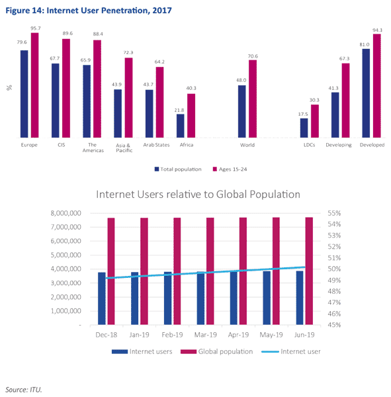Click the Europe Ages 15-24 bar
pos(34,85)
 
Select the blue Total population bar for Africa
pos(181,126)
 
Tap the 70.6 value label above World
pos(253,56)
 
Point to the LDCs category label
pos(309,145)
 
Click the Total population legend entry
pos(178,169)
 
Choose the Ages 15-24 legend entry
pos(230,169)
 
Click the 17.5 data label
pos(303,114)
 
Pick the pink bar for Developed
pos(377,86)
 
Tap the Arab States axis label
pos(156,145)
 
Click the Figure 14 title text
pos(89,11)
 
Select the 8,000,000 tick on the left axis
pos(66,213)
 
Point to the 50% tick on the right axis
pos(334,269)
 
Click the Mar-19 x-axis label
pos(205,335)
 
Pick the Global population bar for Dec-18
pos(111,271)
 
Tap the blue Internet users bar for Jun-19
pos(300,298)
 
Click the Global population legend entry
pos(217,351)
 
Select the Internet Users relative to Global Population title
pos(198,194)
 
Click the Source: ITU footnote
pos(24,390)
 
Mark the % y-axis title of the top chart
pos(9,88)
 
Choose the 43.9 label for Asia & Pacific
pos(116,84)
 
